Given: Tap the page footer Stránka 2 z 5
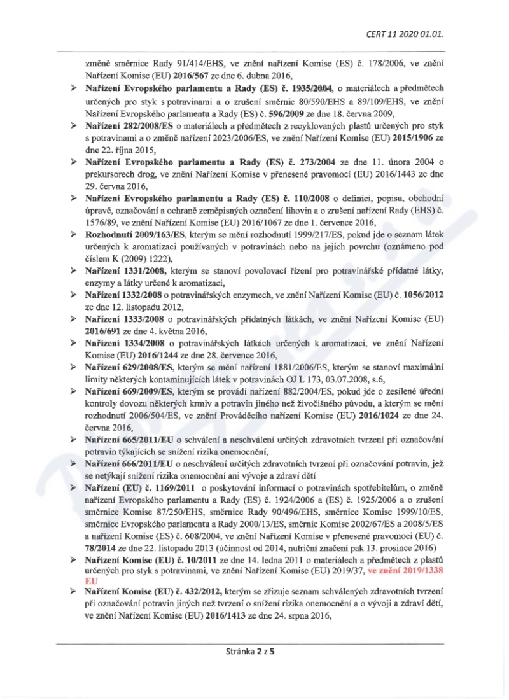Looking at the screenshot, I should point(254,669).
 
